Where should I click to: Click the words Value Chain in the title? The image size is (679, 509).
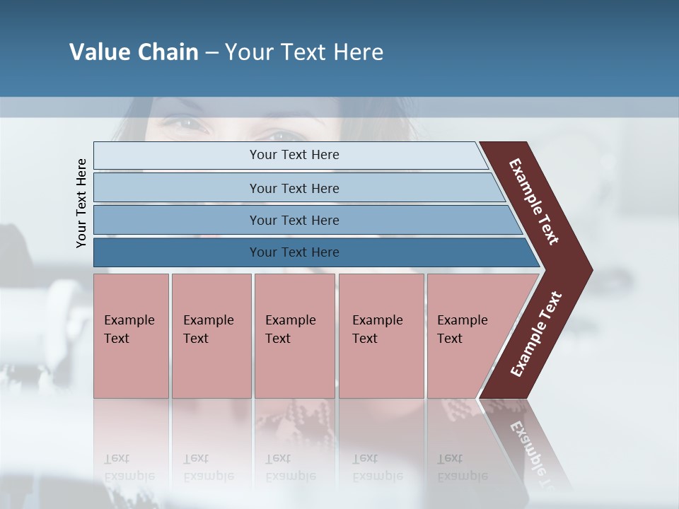click(134, 52)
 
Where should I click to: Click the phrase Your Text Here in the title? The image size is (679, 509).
click(304, 52)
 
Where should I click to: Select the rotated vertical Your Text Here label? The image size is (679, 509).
click(81, 203)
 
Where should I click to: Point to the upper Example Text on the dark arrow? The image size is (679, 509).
click(534, 201)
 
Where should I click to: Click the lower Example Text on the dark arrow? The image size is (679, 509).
click(535, 334)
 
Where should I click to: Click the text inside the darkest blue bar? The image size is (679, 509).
click(294, 252)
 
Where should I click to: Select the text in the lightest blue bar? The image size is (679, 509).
click(294, 155)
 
